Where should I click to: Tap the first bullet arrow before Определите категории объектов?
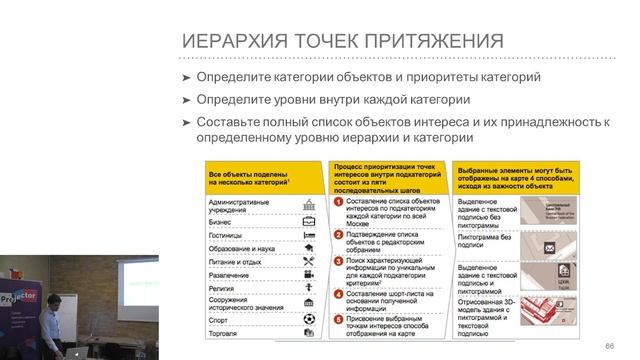tap(186, 77)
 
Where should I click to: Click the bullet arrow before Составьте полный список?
tap(186, 121)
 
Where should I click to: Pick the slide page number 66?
tap(608, 346)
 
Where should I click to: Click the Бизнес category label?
tap(221, 221)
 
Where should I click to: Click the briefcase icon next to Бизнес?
tap(311, 221)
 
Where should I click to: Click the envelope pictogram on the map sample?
tap(549, 246)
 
